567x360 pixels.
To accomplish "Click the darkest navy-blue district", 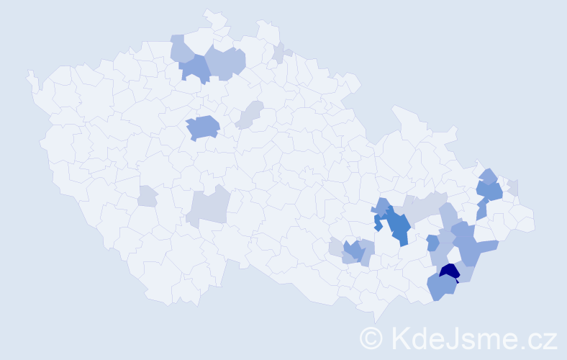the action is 450,271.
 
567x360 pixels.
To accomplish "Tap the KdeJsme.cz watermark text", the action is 471,337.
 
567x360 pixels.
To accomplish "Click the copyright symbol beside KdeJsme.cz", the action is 371,338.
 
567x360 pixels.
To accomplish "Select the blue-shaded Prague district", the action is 203,127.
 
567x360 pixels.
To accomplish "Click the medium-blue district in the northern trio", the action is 194,69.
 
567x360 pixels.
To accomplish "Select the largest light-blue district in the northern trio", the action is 226,62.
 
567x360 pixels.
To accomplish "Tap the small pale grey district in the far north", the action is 278,54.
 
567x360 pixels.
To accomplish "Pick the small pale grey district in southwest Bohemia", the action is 147,196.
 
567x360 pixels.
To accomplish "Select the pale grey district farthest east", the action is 513,187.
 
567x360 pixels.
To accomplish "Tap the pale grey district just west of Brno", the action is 335,247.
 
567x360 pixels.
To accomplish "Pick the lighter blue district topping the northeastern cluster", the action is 488,175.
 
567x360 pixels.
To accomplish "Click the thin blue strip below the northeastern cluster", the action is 481,210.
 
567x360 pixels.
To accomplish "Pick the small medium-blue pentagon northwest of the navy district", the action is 432,243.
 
